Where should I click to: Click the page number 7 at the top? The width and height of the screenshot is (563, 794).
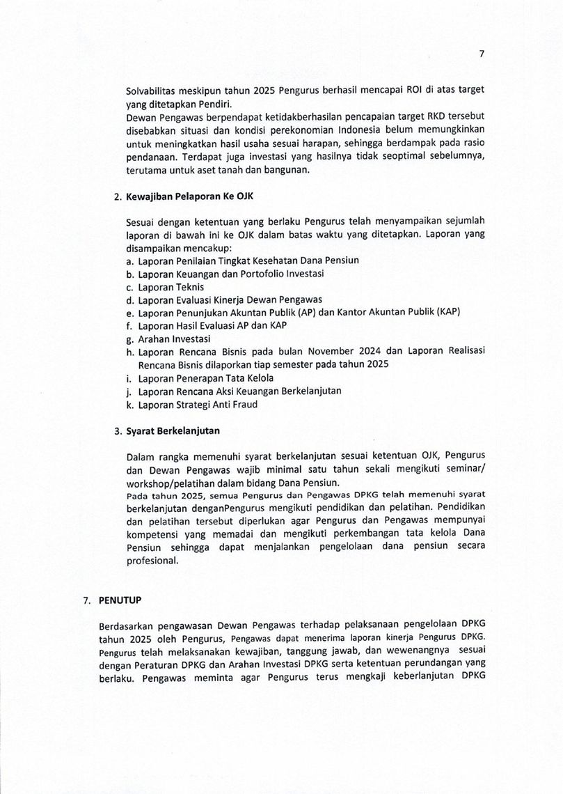pos(481,54)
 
